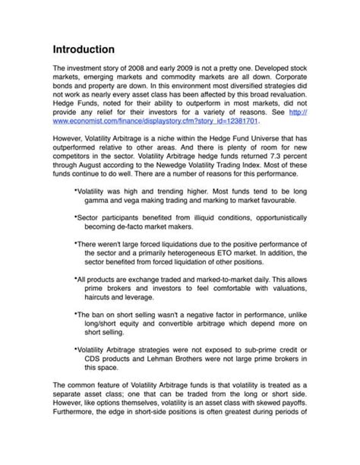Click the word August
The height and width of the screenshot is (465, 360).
pyautogui.click(x=93, y=170)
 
